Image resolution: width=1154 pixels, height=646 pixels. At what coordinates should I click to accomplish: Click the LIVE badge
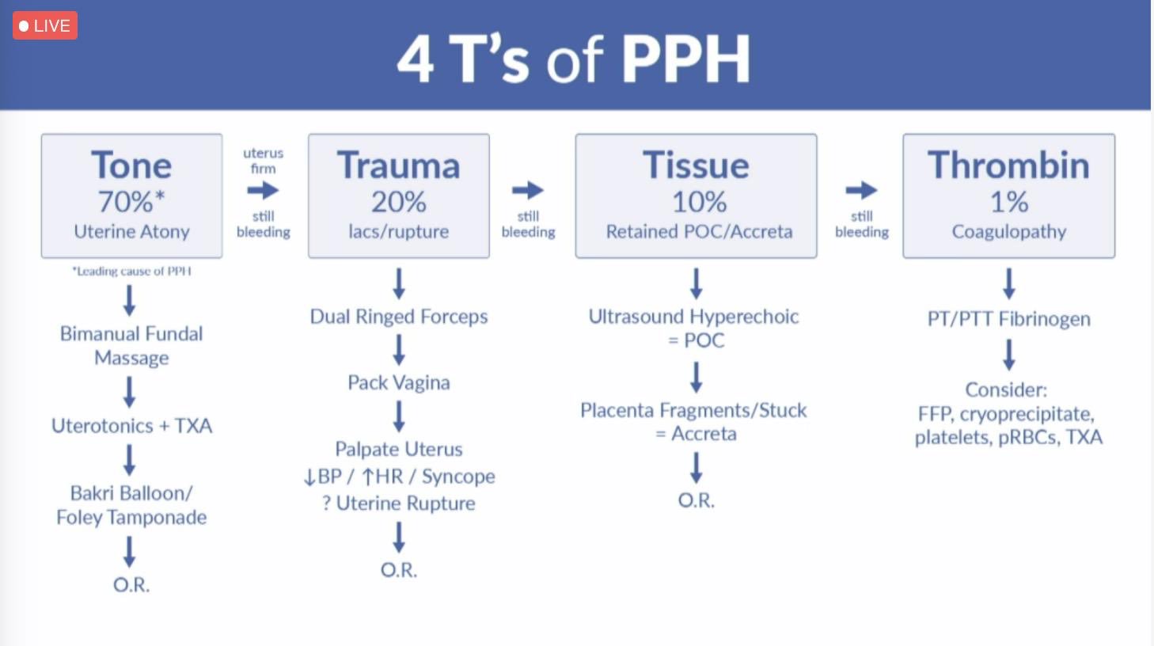point(45,26)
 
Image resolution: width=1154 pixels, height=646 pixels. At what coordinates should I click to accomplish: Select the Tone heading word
point(131,165)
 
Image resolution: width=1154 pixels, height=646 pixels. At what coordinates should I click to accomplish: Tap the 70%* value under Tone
point(131,202)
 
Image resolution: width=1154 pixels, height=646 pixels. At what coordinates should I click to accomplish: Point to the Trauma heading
point(398,165)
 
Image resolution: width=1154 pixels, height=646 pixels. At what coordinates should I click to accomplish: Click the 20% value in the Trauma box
point(398,202)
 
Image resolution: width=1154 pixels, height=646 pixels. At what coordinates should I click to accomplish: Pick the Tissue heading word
point(696,165)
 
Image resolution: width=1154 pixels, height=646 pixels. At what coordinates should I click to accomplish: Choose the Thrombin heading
point(1008,165)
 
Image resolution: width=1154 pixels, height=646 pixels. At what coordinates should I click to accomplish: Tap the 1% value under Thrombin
point(1009,202)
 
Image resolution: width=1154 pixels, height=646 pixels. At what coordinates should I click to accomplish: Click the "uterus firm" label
point(263,161)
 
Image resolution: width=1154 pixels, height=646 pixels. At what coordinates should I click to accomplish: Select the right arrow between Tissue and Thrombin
point(861,190)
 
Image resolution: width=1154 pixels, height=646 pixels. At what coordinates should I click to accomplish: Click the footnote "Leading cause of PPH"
point(131,271)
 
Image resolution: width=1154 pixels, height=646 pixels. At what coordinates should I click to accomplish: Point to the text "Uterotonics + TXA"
point(131,426)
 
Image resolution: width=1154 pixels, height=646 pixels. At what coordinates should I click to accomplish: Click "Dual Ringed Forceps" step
point(398,317)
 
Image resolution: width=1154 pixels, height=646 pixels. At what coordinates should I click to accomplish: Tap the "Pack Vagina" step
point(398,382)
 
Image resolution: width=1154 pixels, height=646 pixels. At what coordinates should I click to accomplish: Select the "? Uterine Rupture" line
point(398,503)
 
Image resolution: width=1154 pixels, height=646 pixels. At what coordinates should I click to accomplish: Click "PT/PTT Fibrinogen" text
point(1008,319)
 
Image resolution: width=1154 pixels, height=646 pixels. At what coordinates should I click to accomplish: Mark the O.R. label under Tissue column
point(696,500)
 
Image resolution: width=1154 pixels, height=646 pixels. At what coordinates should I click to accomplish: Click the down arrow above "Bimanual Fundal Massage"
point(130,300)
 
